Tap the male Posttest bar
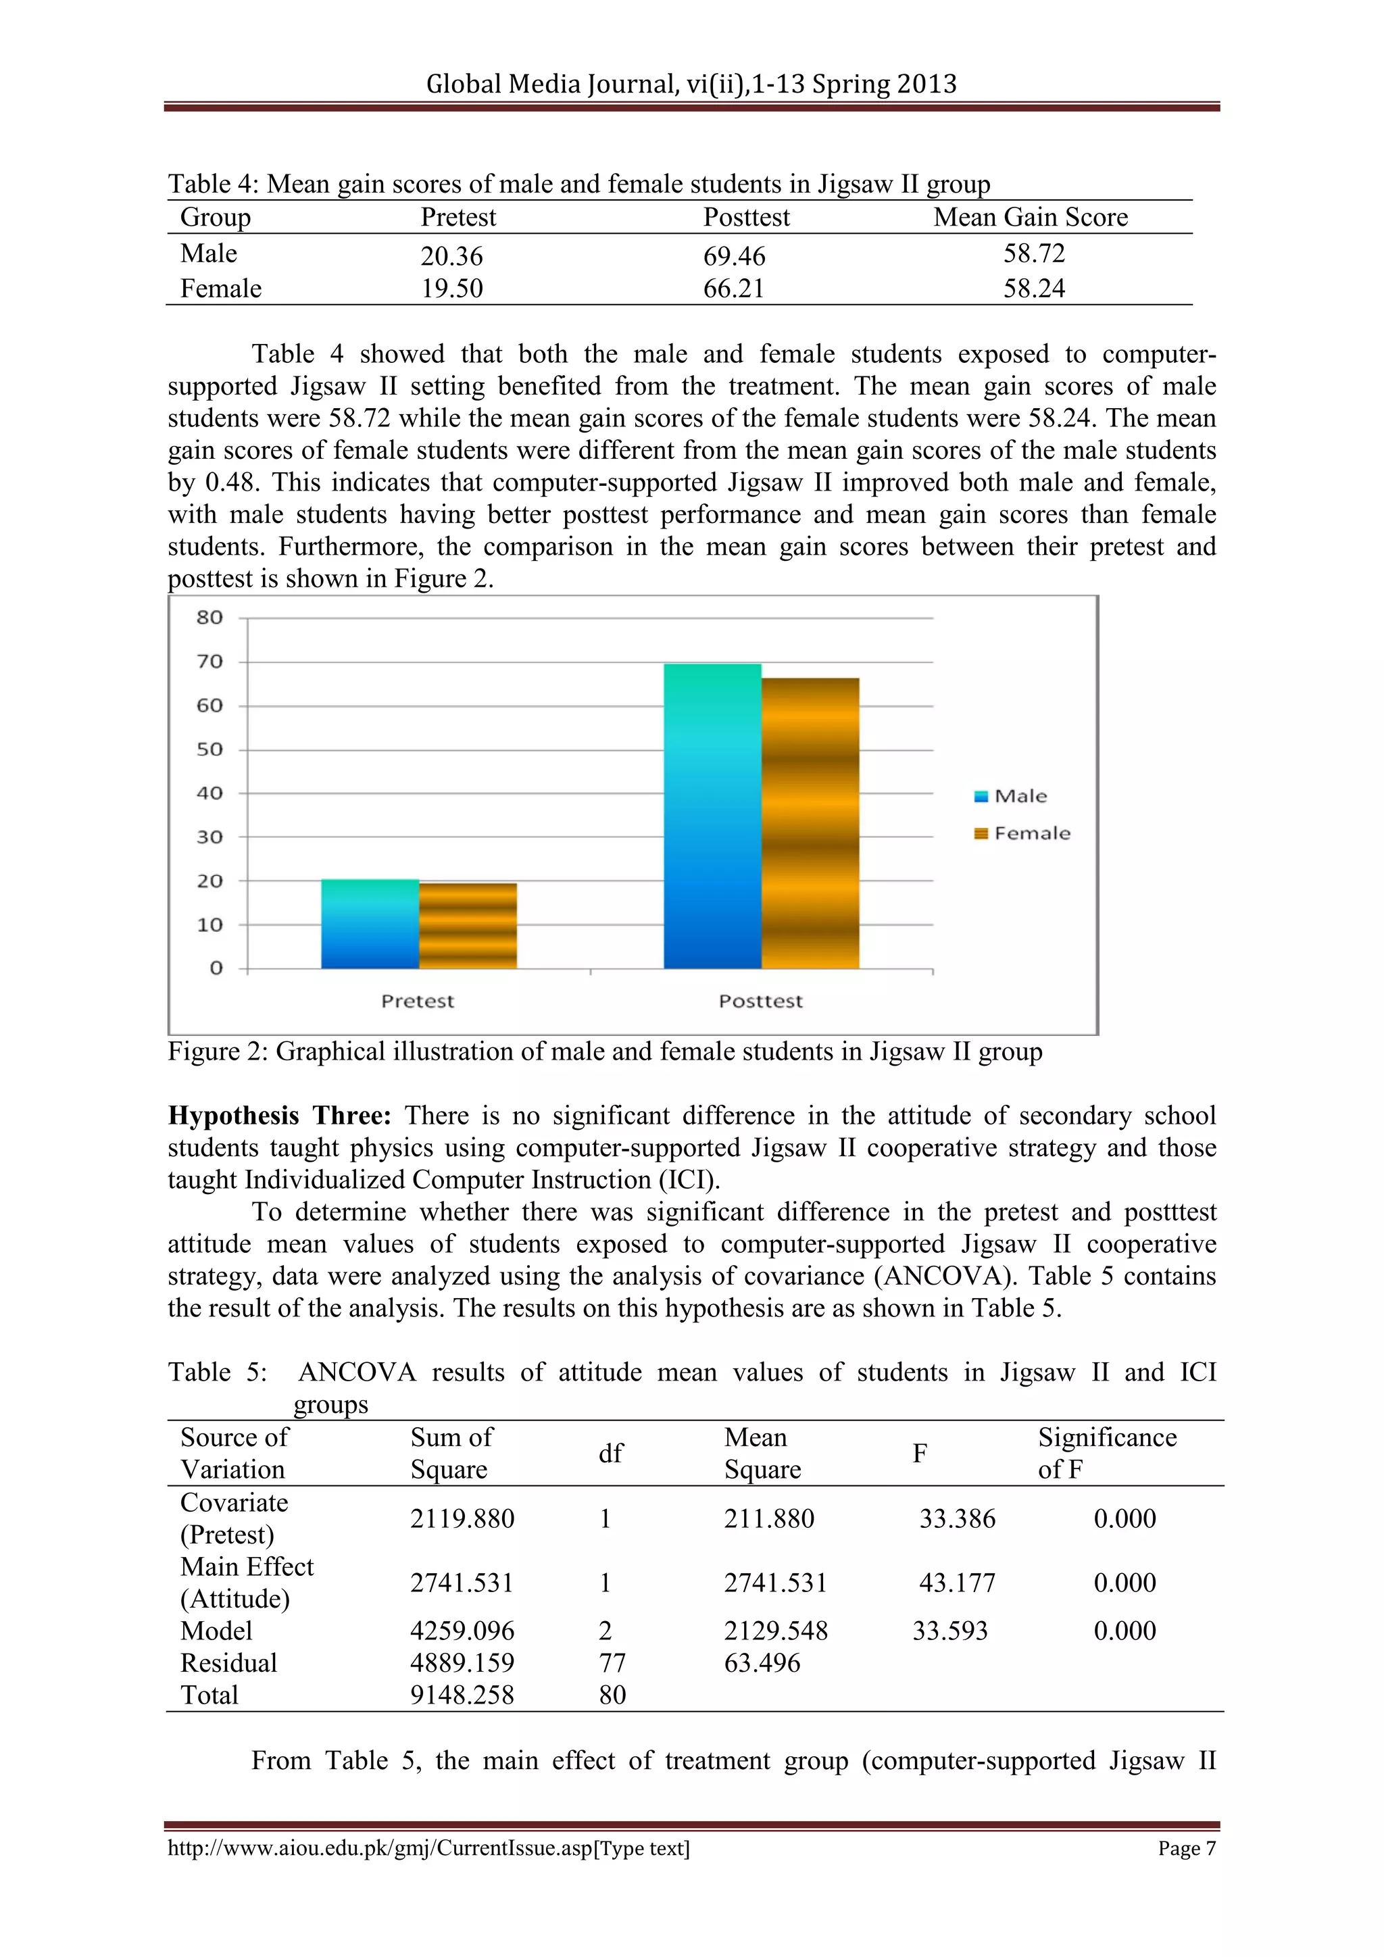[x=712, y=816]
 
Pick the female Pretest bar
[x=468, y=926]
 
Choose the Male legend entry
[x=1012, y=796]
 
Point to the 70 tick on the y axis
[x=209, y=662]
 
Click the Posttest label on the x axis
[x=760, y=1001]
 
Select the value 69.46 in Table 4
[x=734, y=255]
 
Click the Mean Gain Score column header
[x=1031, y=218]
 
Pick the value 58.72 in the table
[x=1034, y=253]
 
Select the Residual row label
[x=228, y=1662]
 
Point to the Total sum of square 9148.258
[x=462, y=1695]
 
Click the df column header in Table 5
[x=610, y=1454]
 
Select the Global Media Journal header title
[x=691, y=84]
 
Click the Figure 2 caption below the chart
[x=604, y=1051]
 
